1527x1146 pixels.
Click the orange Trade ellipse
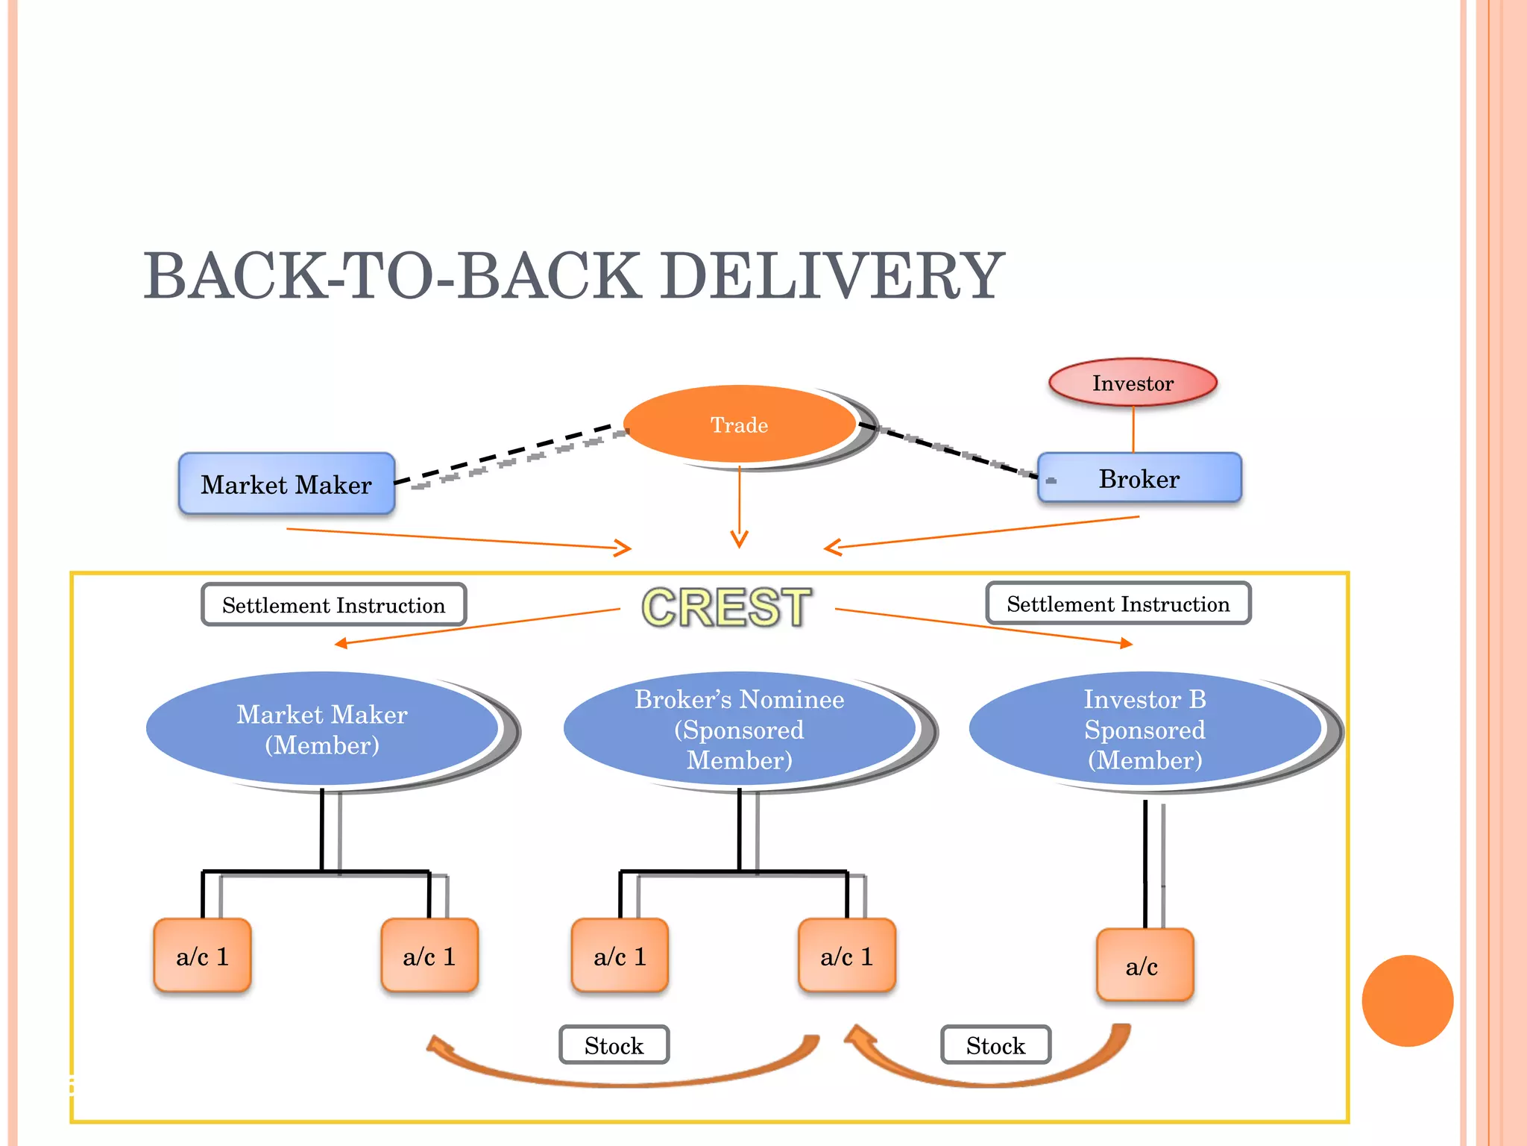739,425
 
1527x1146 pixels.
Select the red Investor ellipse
1133,383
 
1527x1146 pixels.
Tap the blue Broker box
1139,478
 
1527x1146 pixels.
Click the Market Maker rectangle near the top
286,484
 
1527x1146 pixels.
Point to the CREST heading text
726,607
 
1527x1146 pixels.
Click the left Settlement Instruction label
333,605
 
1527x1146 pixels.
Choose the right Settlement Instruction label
1118,604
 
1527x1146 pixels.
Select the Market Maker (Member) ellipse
322,730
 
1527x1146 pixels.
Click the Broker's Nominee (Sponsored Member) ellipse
739,730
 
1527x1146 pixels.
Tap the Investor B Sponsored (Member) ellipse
1145,730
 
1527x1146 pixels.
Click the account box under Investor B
1145,965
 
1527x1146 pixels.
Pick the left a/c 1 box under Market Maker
202,956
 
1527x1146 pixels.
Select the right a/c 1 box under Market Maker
429,956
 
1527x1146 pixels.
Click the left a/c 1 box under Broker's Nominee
620,956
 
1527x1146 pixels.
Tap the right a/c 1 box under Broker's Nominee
846,956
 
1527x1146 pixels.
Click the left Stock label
614,1045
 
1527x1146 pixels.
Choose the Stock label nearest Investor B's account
995,1045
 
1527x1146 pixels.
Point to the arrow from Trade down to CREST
739,507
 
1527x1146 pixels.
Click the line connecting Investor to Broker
1133,430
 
